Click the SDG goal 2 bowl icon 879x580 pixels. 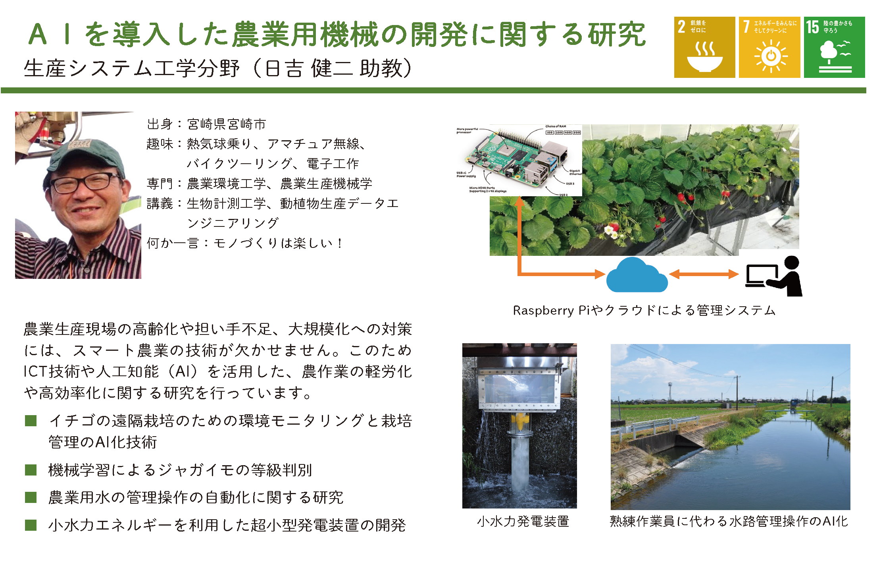click(704, 58)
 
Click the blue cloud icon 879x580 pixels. click(637, 275)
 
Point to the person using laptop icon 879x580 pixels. click(774, 276)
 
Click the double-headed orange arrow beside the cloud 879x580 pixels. click(704, 274)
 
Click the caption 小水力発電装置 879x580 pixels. click(523, 521)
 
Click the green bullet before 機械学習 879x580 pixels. click(31, 470)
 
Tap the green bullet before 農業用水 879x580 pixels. click(31, 497)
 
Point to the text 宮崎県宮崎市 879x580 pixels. click(226, 124)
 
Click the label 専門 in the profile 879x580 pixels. click(160, 184)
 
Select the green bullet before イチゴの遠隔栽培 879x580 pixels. click(31, 421)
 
